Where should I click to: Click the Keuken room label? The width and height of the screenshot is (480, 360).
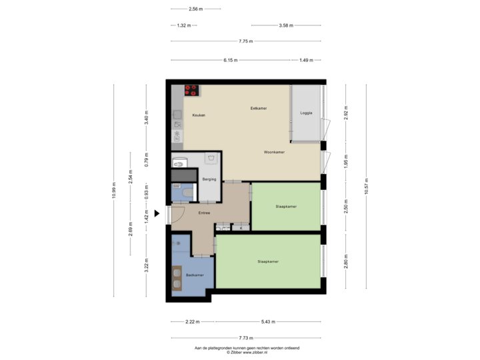(x=199, y=115)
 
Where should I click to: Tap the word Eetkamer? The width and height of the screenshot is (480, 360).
(x=259, y=108)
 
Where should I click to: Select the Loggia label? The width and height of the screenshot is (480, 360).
(x=306, y=113)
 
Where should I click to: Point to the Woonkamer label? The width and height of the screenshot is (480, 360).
(x=274, y=152)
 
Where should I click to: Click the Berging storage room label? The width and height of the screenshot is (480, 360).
(x=209, y=179)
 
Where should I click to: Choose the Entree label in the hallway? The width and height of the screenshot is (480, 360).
(x=204, y=213)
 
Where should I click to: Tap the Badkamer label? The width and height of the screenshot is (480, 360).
(x=195, y=275)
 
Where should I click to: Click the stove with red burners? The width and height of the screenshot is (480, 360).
(x=192, y=90)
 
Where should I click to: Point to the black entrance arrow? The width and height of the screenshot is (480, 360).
(x=157, y=213)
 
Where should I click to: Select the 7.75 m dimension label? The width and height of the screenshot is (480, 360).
(x=246, y=41)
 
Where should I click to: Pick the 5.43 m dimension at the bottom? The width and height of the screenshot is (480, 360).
(x=268, y=322)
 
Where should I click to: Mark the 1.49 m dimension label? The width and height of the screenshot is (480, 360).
(x=306, y=60)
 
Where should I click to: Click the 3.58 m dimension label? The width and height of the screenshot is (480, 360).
(x=286, y=25)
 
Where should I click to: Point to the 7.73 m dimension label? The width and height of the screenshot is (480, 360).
(x=246, y=339)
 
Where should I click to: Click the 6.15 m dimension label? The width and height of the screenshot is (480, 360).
(x=231, y=60)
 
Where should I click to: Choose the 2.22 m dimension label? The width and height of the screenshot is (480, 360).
(x=193, y=322)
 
